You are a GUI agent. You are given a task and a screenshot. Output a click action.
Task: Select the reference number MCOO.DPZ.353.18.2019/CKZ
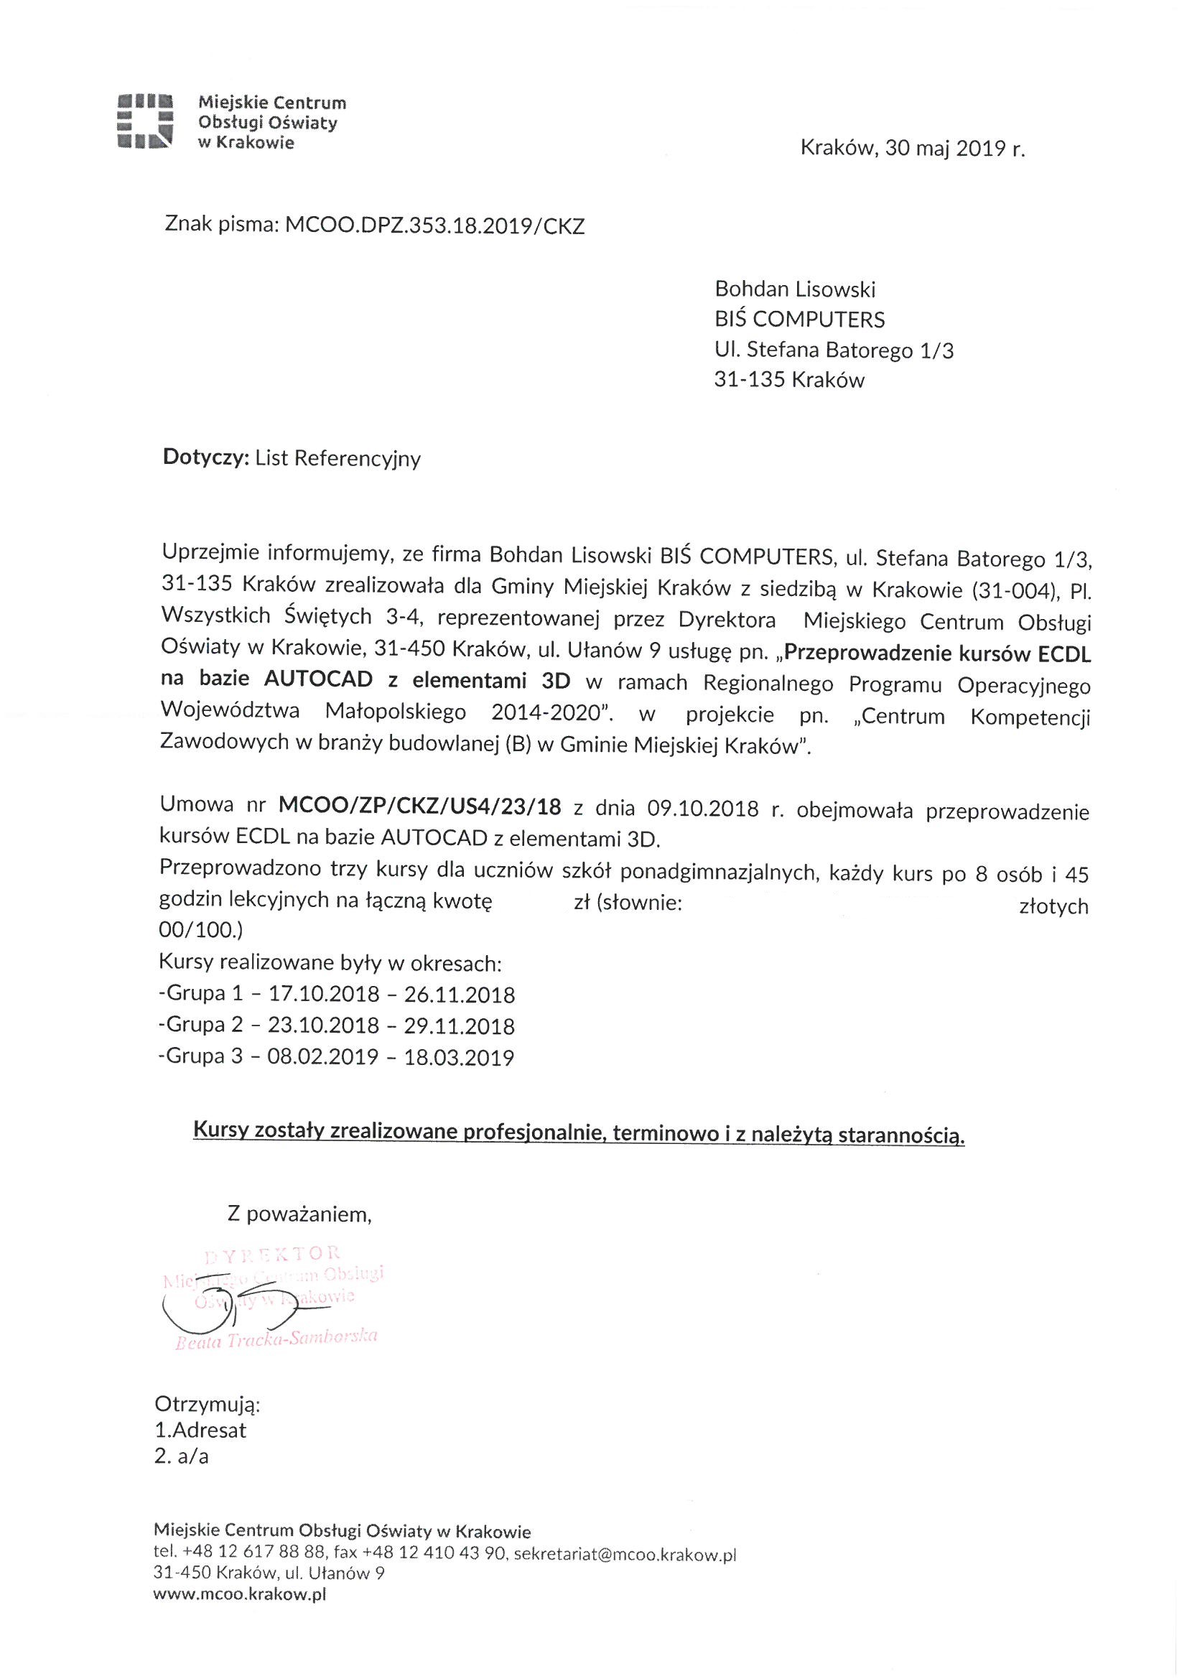click(434, 226)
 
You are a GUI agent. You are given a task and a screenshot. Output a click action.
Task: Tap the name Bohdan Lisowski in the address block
click(795, 289)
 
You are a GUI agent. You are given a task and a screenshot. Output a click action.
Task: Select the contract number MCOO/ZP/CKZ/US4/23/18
click(420, 807)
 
